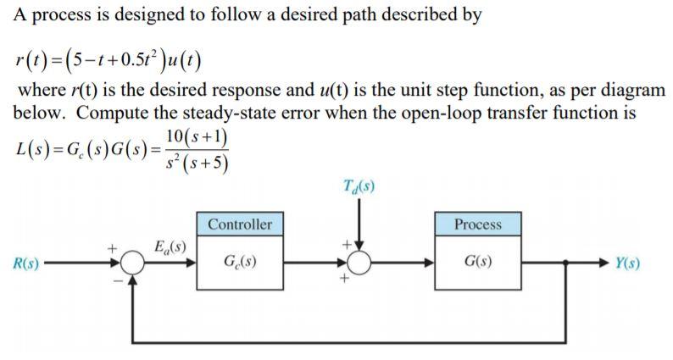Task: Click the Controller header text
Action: point(240,224)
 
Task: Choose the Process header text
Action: point(477,224)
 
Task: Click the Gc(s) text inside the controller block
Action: point(240,263)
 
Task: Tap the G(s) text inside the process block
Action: point(477,263)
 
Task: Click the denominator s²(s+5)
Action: point(196,161)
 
